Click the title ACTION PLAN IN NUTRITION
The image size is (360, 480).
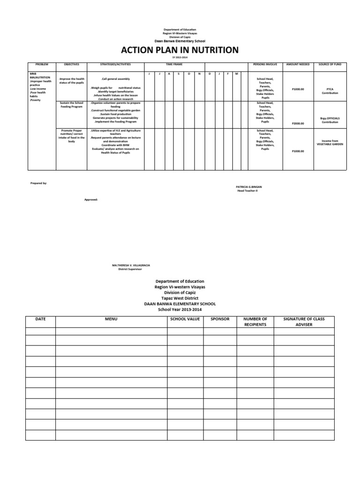[180, 50]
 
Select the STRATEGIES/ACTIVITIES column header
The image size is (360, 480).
[115, 64]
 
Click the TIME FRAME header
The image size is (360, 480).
[174, 64]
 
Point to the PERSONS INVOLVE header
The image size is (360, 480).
[265, 64]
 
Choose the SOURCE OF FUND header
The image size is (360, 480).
[330, 64]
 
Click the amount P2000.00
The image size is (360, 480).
[298, 123]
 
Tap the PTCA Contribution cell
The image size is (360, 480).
[330, 91]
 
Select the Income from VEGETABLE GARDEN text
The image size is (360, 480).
[330, 142]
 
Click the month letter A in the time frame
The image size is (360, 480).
[169, 74]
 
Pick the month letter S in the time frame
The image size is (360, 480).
[179, 74]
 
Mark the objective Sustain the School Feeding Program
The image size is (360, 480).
[72, 105]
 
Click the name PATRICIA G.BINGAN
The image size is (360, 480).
[249, 187]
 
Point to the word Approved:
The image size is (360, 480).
[91, 199]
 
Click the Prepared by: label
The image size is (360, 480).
[38, 183]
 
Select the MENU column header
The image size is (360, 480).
[111, 319]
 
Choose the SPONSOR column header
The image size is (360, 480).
[220, 319]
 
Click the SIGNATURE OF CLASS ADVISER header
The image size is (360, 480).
[304, 322]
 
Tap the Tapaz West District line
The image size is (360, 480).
[180, 298]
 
